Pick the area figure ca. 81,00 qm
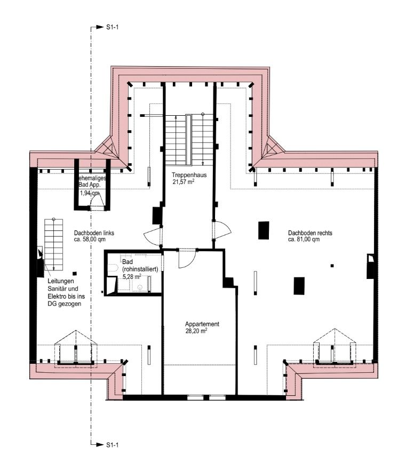click(x=304, y=240)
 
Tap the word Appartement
click(x=202, y=324)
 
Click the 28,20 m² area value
click(x=196, y=331)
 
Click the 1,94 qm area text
click(x=89, y=194)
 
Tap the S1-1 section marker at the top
click(x=111, y=27)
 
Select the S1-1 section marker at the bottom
click(x=111, y=444)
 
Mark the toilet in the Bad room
click(x=113, y=269)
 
